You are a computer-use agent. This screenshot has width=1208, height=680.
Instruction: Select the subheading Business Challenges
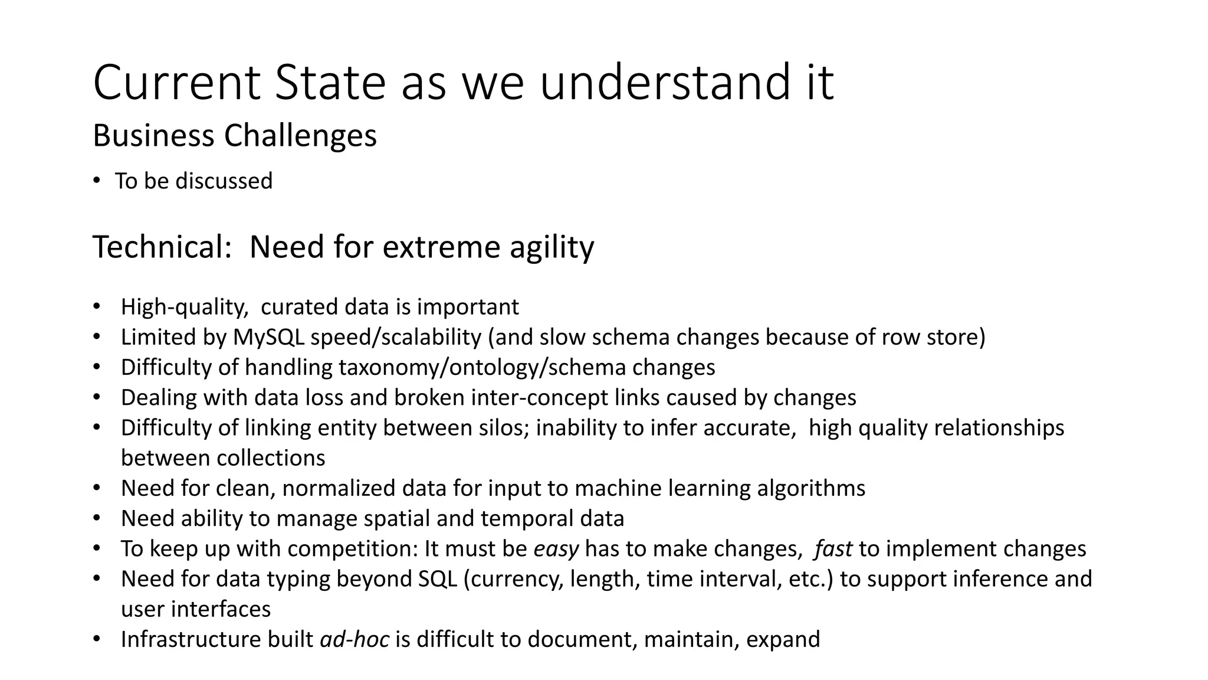pyautogui.click(x=235, y=136)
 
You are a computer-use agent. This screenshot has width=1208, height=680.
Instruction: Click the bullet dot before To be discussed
pyautogui.click(x=96, y=181)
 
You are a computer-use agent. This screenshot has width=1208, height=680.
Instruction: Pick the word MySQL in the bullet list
pyautogui.click(x=268, y=337)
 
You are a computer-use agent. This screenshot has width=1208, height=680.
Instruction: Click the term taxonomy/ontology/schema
pyautogui.click(x=482, y=367)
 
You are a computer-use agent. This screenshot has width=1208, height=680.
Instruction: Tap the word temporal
pyautogui.click(x=517, y=518)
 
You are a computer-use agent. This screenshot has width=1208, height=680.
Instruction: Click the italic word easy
pyautogui.click(x=556, y=549)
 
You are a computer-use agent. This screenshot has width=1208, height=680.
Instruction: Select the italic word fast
pyautogui.click(x=833, y=549)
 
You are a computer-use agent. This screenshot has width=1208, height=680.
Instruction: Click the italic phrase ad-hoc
pyautogui.click(x=354, y=639)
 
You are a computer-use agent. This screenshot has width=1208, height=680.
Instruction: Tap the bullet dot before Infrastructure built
pyautogui.click(x=96, y=639)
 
